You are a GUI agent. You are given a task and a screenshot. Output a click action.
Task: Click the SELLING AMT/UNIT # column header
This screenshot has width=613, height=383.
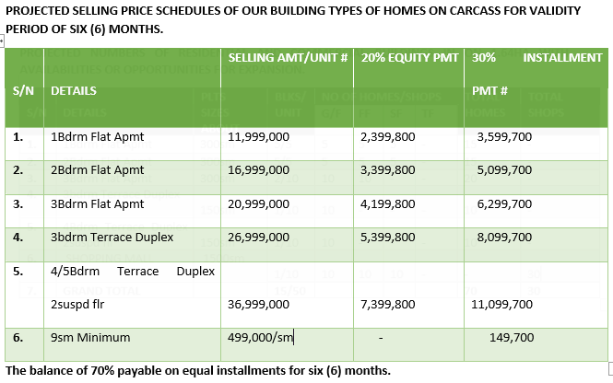287,58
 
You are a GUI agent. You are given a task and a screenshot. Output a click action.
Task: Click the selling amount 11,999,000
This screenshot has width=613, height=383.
258,137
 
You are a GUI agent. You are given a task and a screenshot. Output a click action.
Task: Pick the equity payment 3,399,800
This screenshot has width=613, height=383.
388,170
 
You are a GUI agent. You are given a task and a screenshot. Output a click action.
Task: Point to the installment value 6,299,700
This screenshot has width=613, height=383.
504,203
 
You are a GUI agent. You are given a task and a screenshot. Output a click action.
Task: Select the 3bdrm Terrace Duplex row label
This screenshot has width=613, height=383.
112,238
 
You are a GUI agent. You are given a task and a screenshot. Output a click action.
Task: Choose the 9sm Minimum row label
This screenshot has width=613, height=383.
90,338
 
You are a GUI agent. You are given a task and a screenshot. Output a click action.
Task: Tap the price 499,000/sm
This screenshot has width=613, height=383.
260,338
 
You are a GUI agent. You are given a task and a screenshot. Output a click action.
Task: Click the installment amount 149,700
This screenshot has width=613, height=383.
511,338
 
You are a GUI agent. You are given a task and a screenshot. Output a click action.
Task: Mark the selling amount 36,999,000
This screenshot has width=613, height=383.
258,303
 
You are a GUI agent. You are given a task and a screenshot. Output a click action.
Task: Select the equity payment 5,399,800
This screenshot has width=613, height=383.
388,238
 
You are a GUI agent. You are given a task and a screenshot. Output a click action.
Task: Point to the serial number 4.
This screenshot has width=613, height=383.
18,238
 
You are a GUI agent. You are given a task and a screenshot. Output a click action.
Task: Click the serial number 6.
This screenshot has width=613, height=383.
18,338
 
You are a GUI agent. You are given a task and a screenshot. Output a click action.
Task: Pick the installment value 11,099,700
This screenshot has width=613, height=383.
501,303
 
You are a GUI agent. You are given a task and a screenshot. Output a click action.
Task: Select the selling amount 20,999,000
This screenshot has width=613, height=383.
258,203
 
